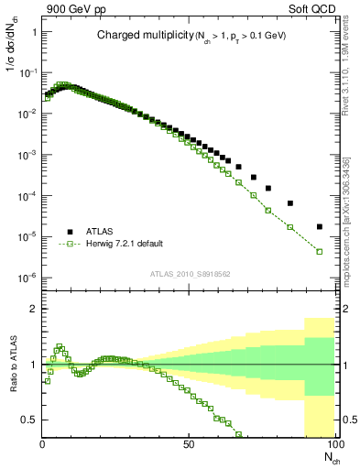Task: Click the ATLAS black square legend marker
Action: [68, 232]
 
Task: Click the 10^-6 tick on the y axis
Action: [27, 278]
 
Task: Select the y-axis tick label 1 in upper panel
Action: [34, 31]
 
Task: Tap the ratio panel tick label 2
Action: [34, 309]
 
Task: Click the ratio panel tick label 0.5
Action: [29, 420]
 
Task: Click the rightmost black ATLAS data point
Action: [319, 226]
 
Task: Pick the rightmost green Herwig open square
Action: [319, 251]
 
